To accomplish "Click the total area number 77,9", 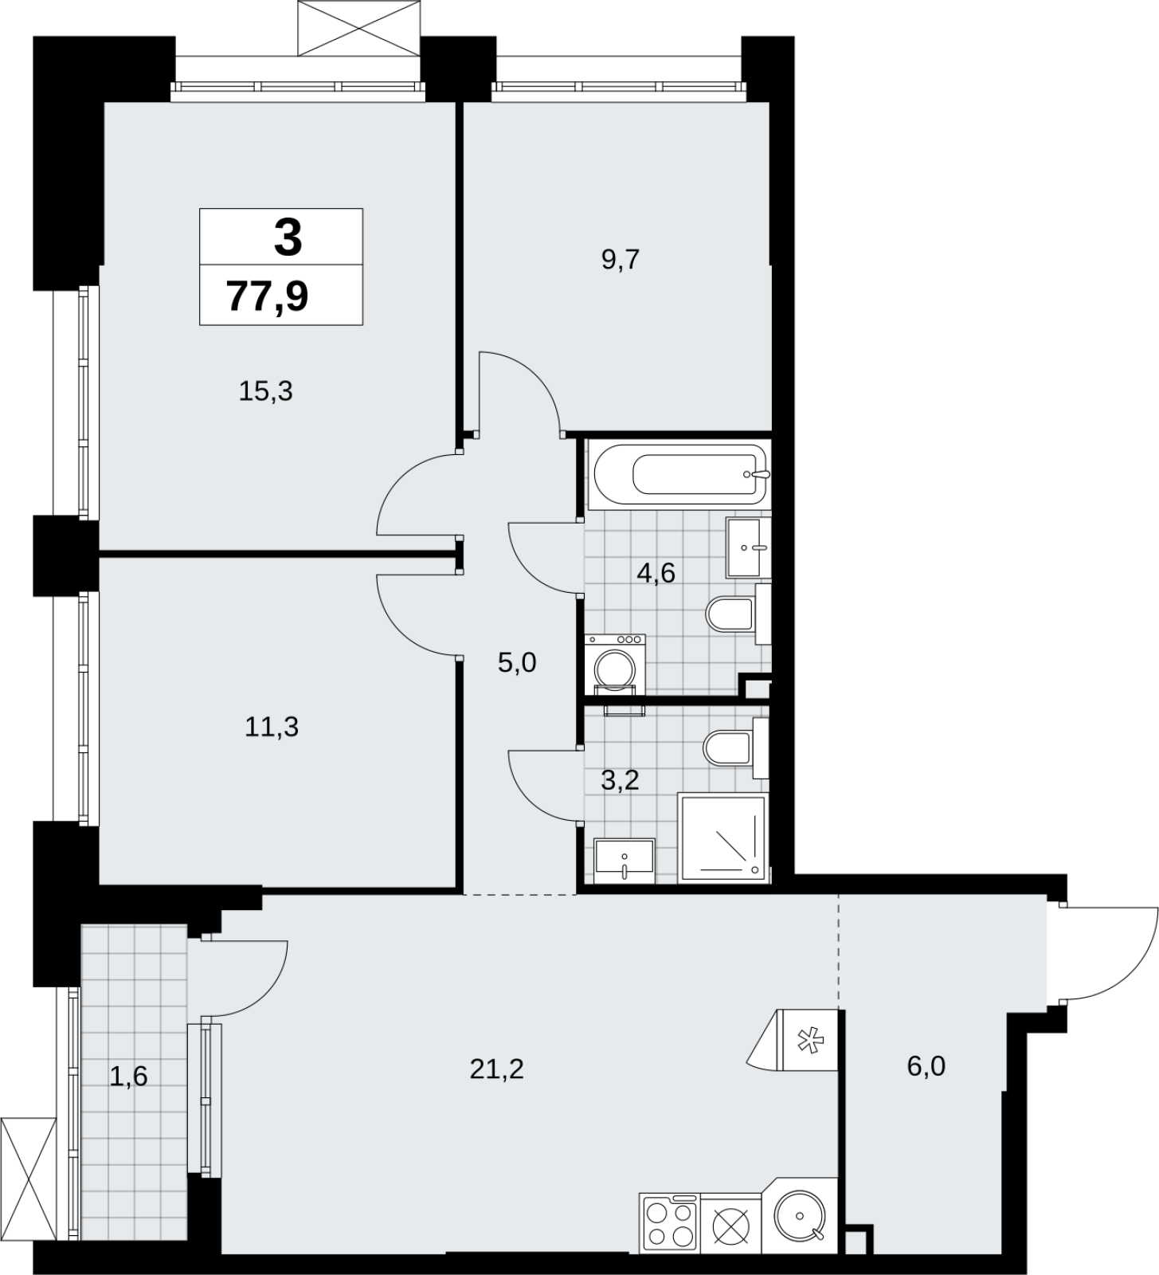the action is (x=268, y=296).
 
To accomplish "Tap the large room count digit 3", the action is (x=288, y=238).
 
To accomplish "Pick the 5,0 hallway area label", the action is (x=517, y=662).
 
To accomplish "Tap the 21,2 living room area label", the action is (x=497, y=1069).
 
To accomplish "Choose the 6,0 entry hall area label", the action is (x=926, y=1065).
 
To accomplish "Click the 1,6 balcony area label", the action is (x=129, y=1077).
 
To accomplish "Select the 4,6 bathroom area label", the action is (x=656, y=572).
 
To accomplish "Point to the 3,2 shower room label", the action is (x=620, y=780).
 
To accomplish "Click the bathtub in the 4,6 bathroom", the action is (x=679, y=475).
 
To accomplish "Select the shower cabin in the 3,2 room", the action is (x=722, y=838).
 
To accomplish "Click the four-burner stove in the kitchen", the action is (x=669, y=1224).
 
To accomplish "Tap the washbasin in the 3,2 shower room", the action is (x=625, y=861).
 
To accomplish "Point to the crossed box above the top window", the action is (x=358, y=28).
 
